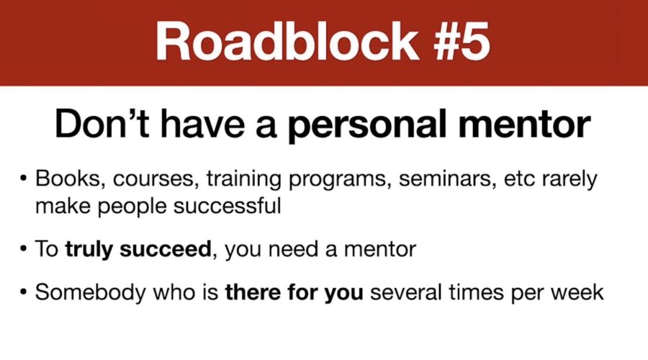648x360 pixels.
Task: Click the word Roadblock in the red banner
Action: [287, 42]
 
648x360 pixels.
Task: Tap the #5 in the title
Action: [462, 42]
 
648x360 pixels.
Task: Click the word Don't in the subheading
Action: [102, 124]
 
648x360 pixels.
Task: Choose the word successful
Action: [227, 206]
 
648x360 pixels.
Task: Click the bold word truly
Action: [89, 250]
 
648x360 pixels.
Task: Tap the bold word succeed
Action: [166, 249]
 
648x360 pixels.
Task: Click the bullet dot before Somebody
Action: [23, 293]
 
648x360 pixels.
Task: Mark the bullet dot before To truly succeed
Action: [23, 249]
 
